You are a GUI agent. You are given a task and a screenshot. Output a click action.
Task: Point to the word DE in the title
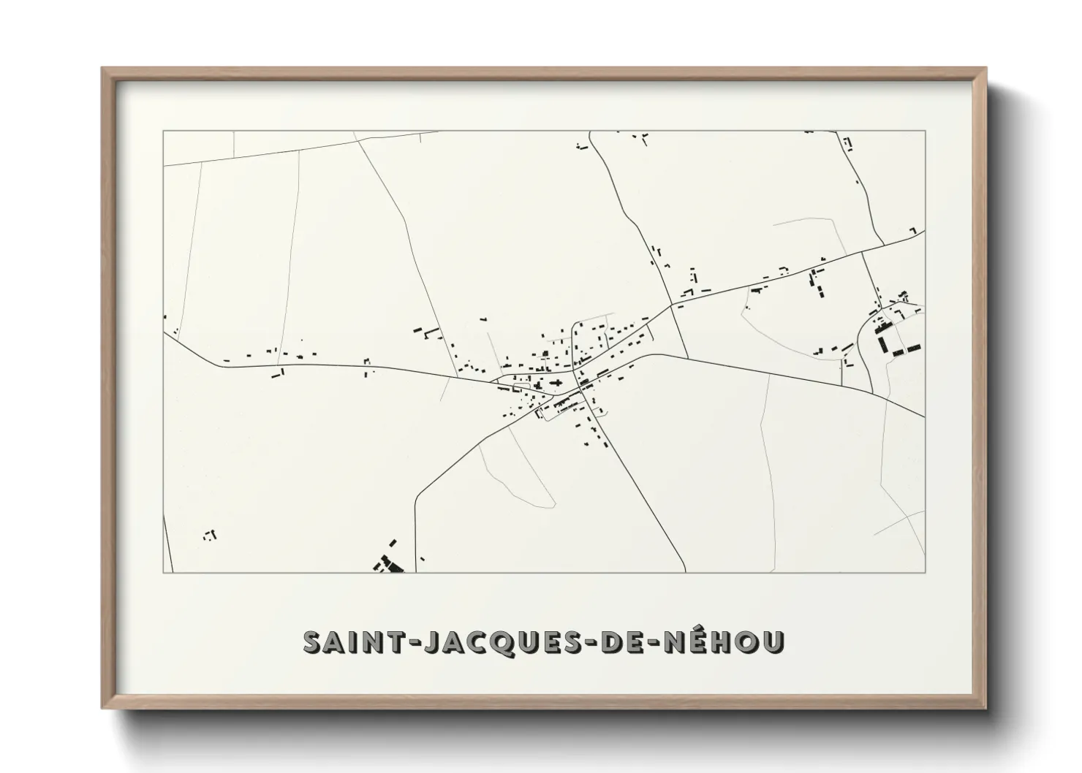626,642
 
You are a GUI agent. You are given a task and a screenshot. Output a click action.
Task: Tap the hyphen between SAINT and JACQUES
398,643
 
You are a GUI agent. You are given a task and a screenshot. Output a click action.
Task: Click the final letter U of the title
773,642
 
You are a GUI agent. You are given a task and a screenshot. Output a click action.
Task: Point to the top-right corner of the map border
925,131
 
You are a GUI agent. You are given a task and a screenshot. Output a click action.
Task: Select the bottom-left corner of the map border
163,572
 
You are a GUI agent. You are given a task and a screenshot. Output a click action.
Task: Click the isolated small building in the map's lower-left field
211,535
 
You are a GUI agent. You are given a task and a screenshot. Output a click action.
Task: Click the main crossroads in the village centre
582,391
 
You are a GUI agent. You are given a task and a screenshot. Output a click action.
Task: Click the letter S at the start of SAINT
312,642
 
